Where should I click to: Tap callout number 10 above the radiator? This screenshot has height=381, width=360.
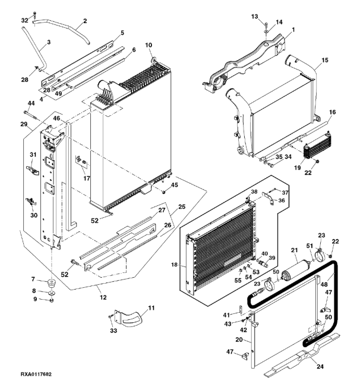click(x=149, y=46)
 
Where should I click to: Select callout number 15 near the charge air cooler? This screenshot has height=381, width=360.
click(x=324, y=61)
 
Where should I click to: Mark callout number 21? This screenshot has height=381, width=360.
click(x=293, y=251)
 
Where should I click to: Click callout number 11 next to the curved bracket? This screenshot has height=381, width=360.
click(x=150, y=308)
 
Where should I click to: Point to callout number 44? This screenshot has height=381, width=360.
click(x=30, y=103)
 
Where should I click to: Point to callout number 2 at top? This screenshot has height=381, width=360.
click(x=84, y=21)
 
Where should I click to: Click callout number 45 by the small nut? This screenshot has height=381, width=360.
click(x=175, y=186)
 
